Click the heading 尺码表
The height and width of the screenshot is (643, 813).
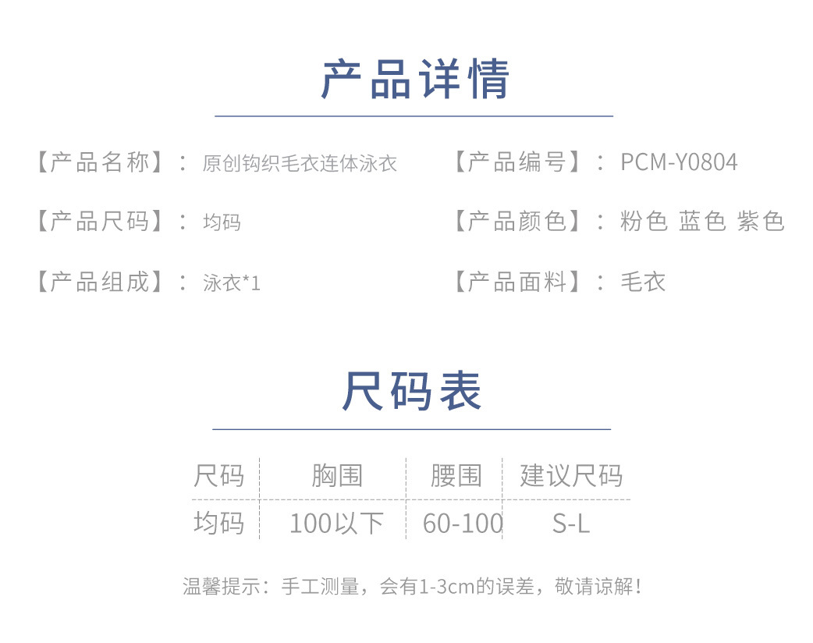pyautogui.click(x=411, y=392)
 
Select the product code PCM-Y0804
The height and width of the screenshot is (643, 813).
pyautogui.click(x=679, y=162)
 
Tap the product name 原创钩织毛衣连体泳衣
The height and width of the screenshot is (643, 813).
pyautogui.click(x=300, y=163)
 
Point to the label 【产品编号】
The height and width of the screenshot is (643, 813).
pyautogui.click(x=517, y=162)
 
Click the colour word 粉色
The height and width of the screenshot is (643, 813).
pyautogui.click(x=644, y=222)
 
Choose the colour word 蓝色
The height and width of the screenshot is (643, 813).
pyautogui.click(x=702, y=222)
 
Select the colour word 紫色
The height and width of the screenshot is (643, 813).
pyautogui.click(x=761, y=222)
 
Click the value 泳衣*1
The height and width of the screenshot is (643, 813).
pyautogui.click(x=232, y=282)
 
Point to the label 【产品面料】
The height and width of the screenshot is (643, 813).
pyautogui.click(x=517, y=282)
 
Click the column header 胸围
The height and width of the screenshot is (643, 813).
pyautogui.click(x=337, y=475)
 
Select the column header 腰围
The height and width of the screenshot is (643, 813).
pyautogui.click(x=456, y=475)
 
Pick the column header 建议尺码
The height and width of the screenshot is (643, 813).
pyautogui.click(x=571, y=475)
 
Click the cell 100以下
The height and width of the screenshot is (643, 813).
pyautogui.click(x=336, y=524)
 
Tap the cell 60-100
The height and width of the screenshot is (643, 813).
pyautogui.click(x=463, y=524)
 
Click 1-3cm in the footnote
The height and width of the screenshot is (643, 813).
pyautogui.click(x=447, y=586)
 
